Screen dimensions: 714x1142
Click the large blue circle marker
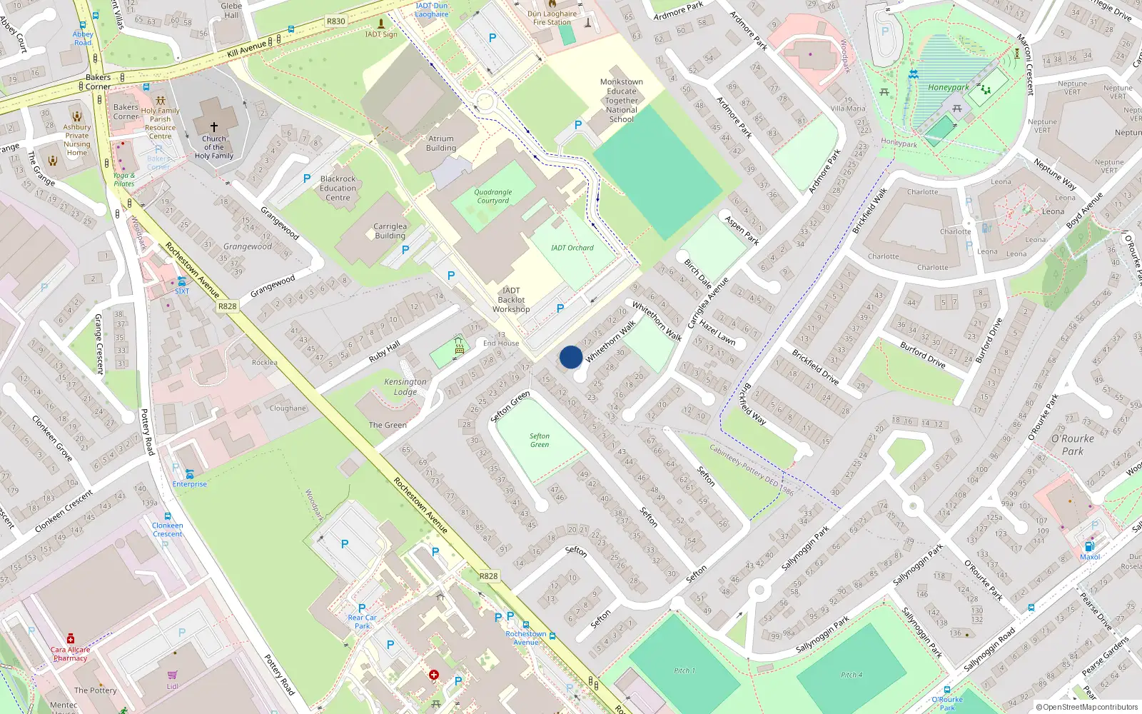tap(571, 357)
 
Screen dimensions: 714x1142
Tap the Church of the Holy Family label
tap(213, 147)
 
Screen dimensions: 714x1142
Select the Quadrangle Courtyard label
tap(492, 196)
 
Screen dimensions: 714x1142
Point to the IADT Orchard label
tap(572, 248)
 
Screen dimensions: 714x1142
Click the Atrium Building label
tap(441, 144)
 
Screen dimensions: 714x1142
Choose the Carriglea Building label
tap(390, 231)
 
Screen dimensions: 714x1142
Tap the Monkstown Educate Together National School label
tap(622, 101)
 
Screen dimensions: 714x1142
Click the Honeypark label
tap(949, 88)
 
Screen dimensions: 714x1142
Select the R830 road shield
tap(336, 21)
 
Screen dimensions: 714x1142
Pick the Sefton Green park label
tap(540, 440)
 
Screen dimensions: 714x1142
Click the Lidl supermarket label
tap(172, 686)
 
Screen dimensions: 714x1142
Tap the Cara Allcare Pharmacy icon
tap(71, 638)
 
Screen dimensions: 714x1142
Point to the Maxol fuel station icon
tap(1090, 547)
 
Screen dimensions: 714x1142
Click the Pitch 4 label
tap(851, 674)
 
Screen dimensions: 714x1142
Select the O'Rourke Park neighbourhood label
tap(1072, 444)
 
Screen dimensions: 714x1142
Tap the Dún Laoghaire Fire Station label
tap(552, 18)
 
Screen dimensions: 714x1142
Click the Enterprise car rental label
tap(189, 484)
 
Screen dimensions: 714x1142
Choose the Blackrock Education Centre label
tap(338, 188)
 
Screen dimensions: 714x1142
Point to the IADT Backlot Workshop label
tap(511, 300)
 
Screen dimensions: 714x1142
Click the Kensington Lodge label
tap(405, 386)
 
